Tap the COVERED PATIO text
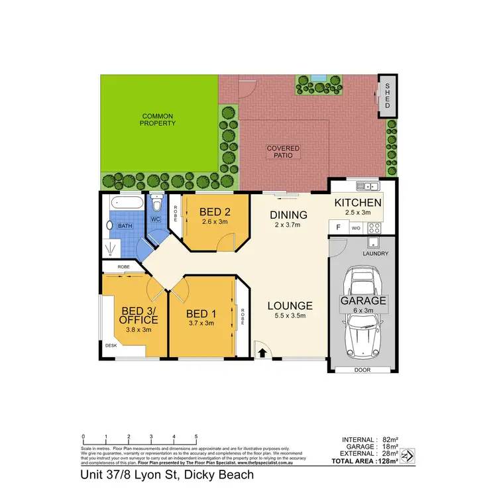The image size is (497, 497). pyautogui.click(x=283, y=152)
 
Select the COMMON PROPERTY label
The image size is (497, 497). pyautogui.click(x=159, y=119)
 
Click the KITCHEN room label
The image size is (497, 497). pyautogui.click(x=358, y=203)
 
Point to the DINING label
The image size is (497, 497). pyautogui.click(x=288, y=215)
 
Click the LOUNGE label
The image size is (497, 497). pyautogui.click(x=290, y=305)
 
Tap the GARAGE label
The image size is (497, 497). pyautogui.click(x=363, y=300)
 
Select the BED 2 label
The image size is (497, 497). pyautogui.click(x=215, y=212)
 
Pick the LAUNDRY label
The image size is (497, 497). pyautogui.click(x=376, y=253)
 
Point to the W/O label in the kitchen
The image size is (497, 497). pyautogui.click(x=355, y=228)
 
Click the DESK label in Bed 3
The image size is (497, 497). pyautogui.click(x=111, y=345)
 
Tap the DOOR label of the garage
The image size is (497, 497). pyautogui.click(x=362, y=369)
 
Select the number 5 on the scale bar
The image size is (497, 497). pyautogui.click(x=196, y=436)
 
